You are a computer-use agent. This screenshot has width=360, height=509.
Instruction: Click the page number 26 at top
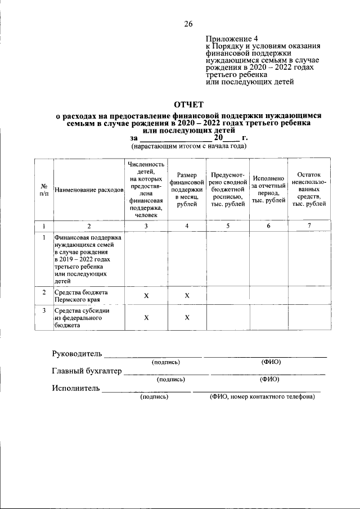tap(188, 24)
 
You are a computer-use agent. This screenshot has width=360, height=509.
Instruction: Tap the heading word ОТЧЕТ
tap(188, 105)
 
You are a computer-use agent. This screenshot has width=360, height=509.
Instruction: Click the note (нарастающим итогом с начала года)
tap(188, 146)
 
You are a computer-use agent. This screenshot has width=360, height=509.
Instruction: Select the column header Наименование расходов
tap(89, 190)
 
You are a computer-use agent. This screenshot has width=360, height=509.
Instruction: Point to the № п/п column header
tap(44, 190)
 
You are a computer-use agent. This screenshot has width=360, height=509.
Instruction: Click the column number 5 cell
tap(228, 226)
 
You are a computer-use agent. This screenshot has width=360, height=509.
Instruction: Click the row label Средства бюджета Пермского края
tap(82, 296)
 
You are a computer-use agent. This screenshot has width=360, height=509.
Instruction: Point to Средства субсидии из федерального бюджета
tap(82, 317)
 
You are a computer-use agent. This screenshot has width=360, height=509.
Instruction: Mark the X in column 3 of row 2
tap(146, 296)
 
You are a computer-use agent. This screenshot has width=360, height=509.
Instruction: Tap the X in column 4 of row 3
tap(187, 318)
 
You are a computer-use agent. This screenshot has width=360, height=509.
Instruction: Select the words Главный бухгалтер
tap(87, 371)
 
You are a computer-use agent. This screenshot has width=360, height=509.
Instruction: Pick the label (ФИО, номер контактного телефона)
tap(262, 396)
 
